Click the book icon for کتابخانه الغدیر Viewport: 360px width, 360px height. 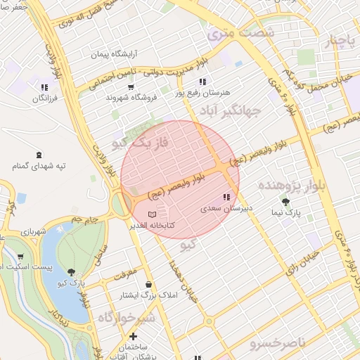(153, 213)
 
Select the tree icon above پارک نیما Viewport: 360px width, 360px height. (285, 201)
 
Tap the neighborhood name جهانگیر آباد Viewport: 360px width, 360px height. (235, 110)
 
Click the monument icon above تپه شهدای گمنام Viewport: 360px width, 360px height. (37, 155)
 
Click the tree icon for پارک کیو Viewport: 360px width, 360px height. (71, 272)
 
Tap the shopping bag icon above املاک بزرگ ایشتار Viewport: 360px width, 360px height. (148, 284)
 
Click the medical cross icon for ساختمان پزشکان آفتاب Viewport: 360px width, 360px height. (133, 336)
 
